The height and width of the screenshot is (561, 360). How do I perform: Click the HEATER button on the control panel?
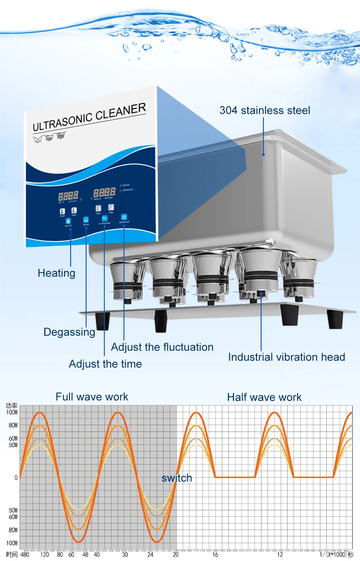(x=68, y=221)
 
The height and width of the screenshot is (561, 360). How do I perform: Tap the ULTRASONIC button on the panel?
(x=104, y=218)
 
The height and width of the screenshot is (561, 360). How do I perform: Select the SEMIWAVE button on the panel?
(x=124, y=217)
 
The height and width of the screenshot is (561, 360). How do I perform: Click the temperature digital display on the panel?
(x=68, y=196)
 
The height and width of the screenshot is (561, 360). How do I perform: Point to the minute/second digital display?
(x=104, y=192)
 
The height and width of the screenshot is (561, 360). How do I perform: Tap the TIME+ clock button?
(x=98, y=209)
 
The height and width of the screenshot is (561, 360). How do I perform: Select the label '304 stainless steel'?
(x=265, y=110)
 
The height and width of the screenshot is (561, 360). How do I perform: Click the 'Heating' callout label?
(x=57, y=273)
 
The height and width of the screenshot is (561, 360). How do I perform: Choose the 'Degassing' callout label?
(x=69, y=332)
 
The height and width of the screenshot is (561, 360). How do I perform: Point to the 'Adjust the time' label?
(x=105, y=364)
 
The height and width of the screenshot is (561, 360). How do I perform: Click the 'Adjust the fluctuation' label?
(x=162, y=347)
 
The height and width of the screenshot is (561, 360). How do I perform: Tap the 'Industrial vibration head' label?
(x=287, y=357)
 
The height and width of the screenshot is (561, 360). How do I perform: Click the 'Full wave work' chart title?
(x=92, y=397)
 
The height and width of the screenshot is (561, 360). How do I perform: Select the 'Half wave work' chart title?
(x=264, y=397)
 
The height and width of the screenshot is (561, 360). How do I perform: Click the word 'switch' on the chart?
(x=177, y=478)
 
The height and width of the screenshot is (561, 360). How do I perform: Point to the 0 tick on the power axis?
(x=16, y=478)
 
